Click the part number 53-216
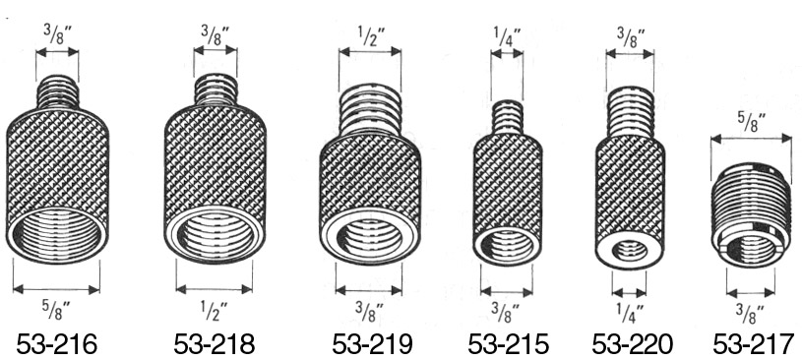tap(56, 344)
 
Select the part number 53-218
tap(214, 344)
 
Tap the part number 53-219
tap(372, 344)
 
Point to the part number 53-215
tap(508, 344)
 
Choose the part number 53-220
tap(632, 344)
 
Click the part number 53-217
tap(754, 344)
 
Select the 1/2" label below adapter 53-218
tap(214, 310)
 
